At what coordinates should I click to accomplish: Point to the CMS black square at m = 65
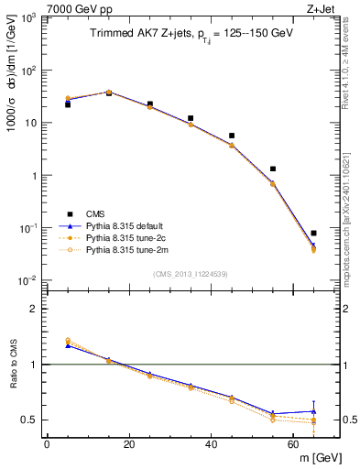(313, 234)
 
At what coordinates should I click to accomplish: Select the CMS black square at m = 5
(68, 104)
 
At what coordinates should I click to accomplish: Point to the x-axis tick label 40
(211, 444)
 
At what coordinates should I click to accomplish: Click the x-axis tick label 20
(129, 444)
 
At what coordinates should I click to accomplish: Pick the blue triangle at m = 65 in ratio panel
(313, 411)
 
